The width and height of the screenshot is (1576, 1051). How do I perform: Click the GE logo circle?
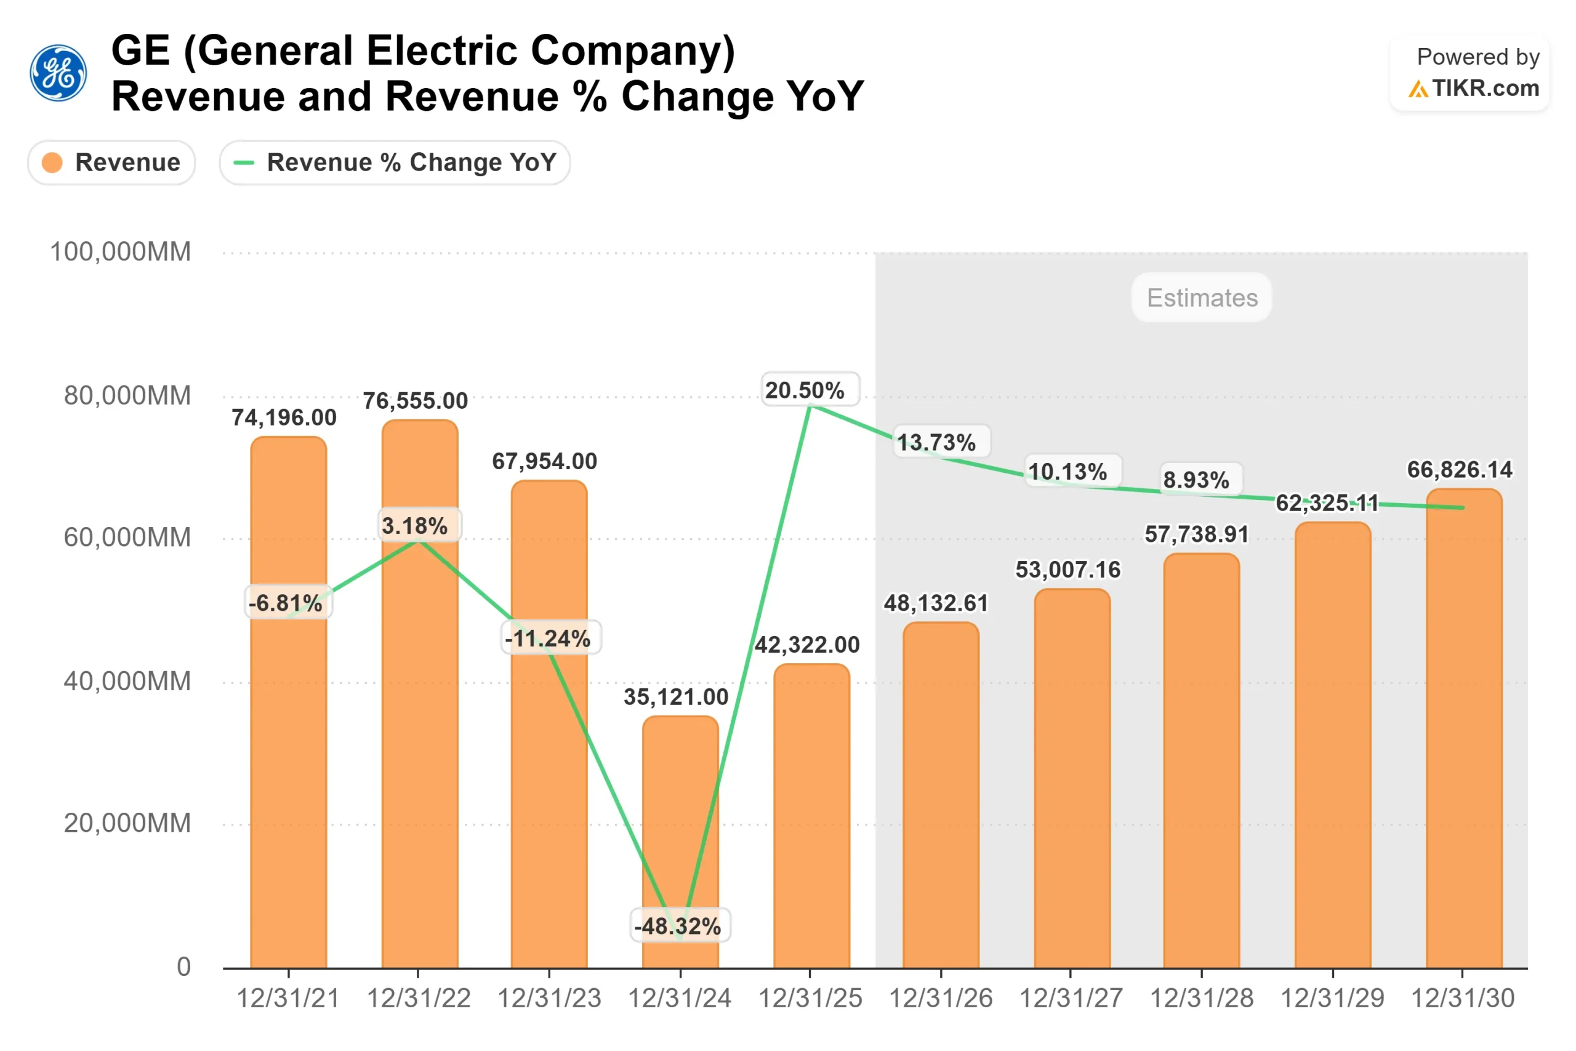(x=58, y=73)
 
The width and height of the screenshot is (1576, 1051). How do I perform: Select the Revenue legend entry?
(x=111, y=162)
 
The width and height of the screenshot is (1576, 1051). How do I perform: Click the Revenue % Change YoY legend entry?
(x=395, y=162)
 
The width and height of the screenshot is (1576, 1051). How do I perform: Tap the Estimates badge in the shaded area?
(x=1202, y=297)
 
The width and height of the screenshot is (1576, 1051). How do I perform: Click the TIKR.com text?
(x=1485, y=89)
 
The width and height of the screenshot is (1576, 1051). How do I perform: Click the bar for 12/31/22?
(x=419, y=738)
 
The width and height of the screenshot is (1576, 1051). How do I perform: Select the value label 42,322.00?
(x=808, y=645)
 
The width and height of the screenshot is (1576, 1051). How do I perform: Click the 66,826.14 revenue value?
(x=1460, y=470)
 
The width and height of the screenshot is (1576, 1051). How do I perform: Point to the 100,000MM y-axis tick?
(x=121, y=252)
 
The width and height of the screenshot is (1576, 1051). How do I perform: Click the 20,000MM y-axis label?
(x=127, y=823)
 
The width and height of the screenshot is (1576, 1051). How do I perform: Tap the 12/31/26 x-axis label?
(x=941, y=999)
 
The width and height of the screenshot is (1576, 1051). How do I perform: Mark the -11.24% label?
(x=549, y=638)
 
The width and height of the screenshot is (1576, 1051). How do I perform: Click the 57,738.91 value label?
(x=1197, y=534)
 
